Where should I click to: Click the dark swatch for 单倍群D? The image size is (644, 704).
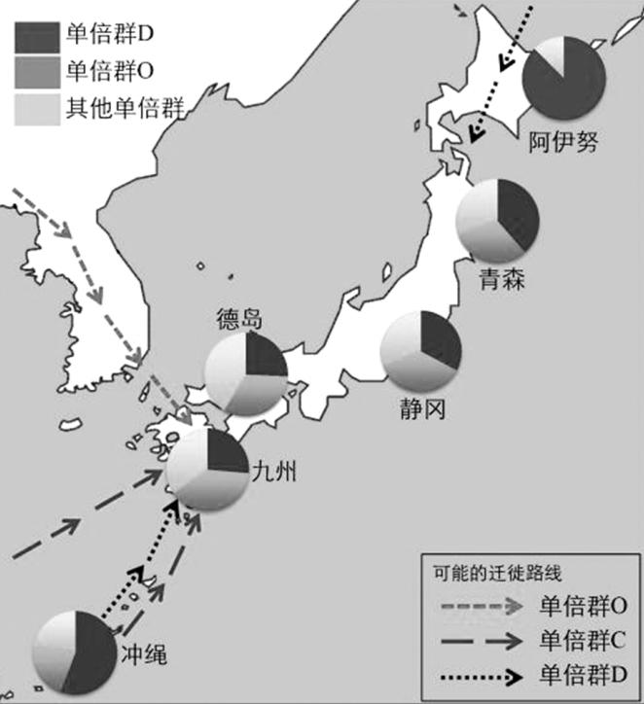[36, 37]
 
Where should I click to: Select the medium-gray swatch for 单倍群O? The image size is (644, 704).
[36, 74]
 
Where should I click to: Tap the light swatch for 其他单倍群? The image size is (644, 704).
[36, 109]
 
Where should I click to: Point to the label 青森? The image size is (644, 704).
[502, 281]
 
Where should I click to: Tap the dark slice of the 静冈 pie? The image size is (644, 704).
[440, 339]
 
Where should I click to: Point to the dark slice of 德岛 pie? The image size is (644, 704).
[264, 355]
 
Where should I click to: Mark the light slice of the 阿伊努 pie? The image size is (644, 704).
[552, 53]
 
